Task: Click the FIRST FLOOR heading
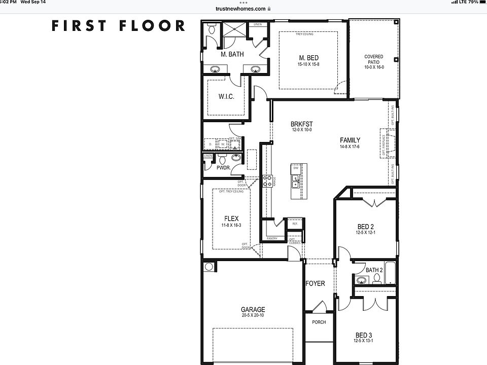point(118,26)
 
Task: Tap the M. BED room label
point(308,58)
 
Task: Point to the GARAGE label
point(253,310)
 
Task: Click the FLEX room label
point(231,219)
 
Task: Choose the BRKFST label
point(301,124)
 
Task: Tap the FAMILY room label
point(350,140)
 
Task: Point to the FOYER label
point(315,283)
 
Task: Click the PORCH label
point(319,322)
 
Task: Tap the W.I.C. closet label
point(226,97)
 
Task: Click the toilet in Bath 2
point(376,280)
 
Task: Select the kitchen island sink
point(295,178)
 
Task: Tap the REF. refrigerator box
point(295,223)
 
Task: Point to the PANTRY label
point(272,238)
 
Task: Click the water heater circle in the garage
point(208,267)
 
